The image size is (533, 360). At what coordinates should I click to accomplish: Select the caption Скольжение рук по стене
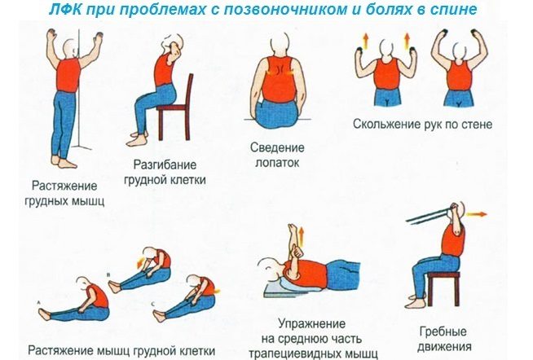coord(422,125)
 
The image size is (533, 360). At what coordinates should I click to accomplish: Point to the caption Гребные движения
coord(444,338)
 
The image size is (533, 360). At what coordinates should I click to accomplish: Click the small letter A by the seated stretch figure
coord(38,302)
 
